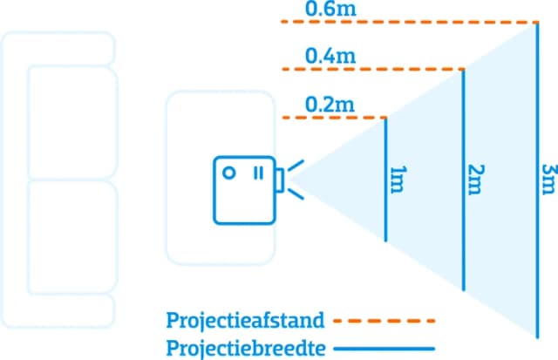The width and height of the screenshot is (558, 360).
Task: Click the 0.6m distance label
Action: pyautogui.click(x=323, y=10)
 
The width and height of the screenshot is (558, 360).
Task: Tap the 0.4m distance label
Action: pyautogui.click(x=323, y=57)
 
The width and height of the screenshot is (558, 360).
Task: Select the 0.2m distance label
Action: pyautogui.click(x=323, y=104)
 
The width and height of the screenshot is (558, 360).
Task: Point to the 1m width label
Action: pyautogui.click(x=398, y=178)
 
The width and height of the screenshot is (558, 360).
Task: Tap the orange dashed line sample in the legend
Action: pyautogui.click(x=384, y=320)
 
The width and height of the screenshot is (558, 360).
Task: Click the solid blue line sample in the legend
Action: pyautogui.click(x=384, y=348)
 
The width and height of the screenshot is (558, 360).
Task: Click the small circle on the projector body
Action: pyautogui.click(x=229, y=173)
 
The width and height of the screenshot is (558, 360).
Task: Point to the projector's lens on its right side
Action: pyautogui.click(x=278, y=180)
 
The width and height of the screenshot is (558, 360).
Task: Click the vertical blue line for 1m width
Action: pyautogui.click(x=385, y=179)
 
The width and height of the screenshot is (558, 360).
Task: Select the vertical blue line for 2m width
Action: pyautogui.click(x=462, y=179)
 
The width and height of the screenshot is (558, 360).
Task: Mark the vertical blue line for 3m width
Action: pyautogui.click(x=538, y=179)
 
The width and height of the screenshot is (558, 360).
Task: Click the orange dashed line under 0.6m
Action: pyautogui.click(x=410, y=22)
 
